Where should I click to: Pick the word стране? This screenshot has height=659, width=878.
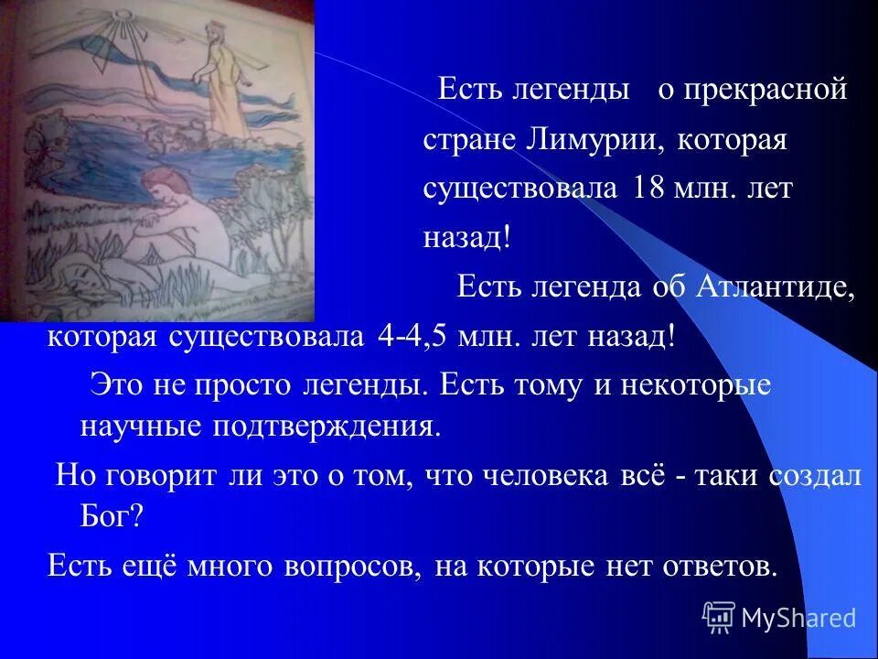(x=467, y=141)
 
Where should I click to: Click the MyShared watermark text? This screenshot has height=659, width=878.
(x=798, y=618)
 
